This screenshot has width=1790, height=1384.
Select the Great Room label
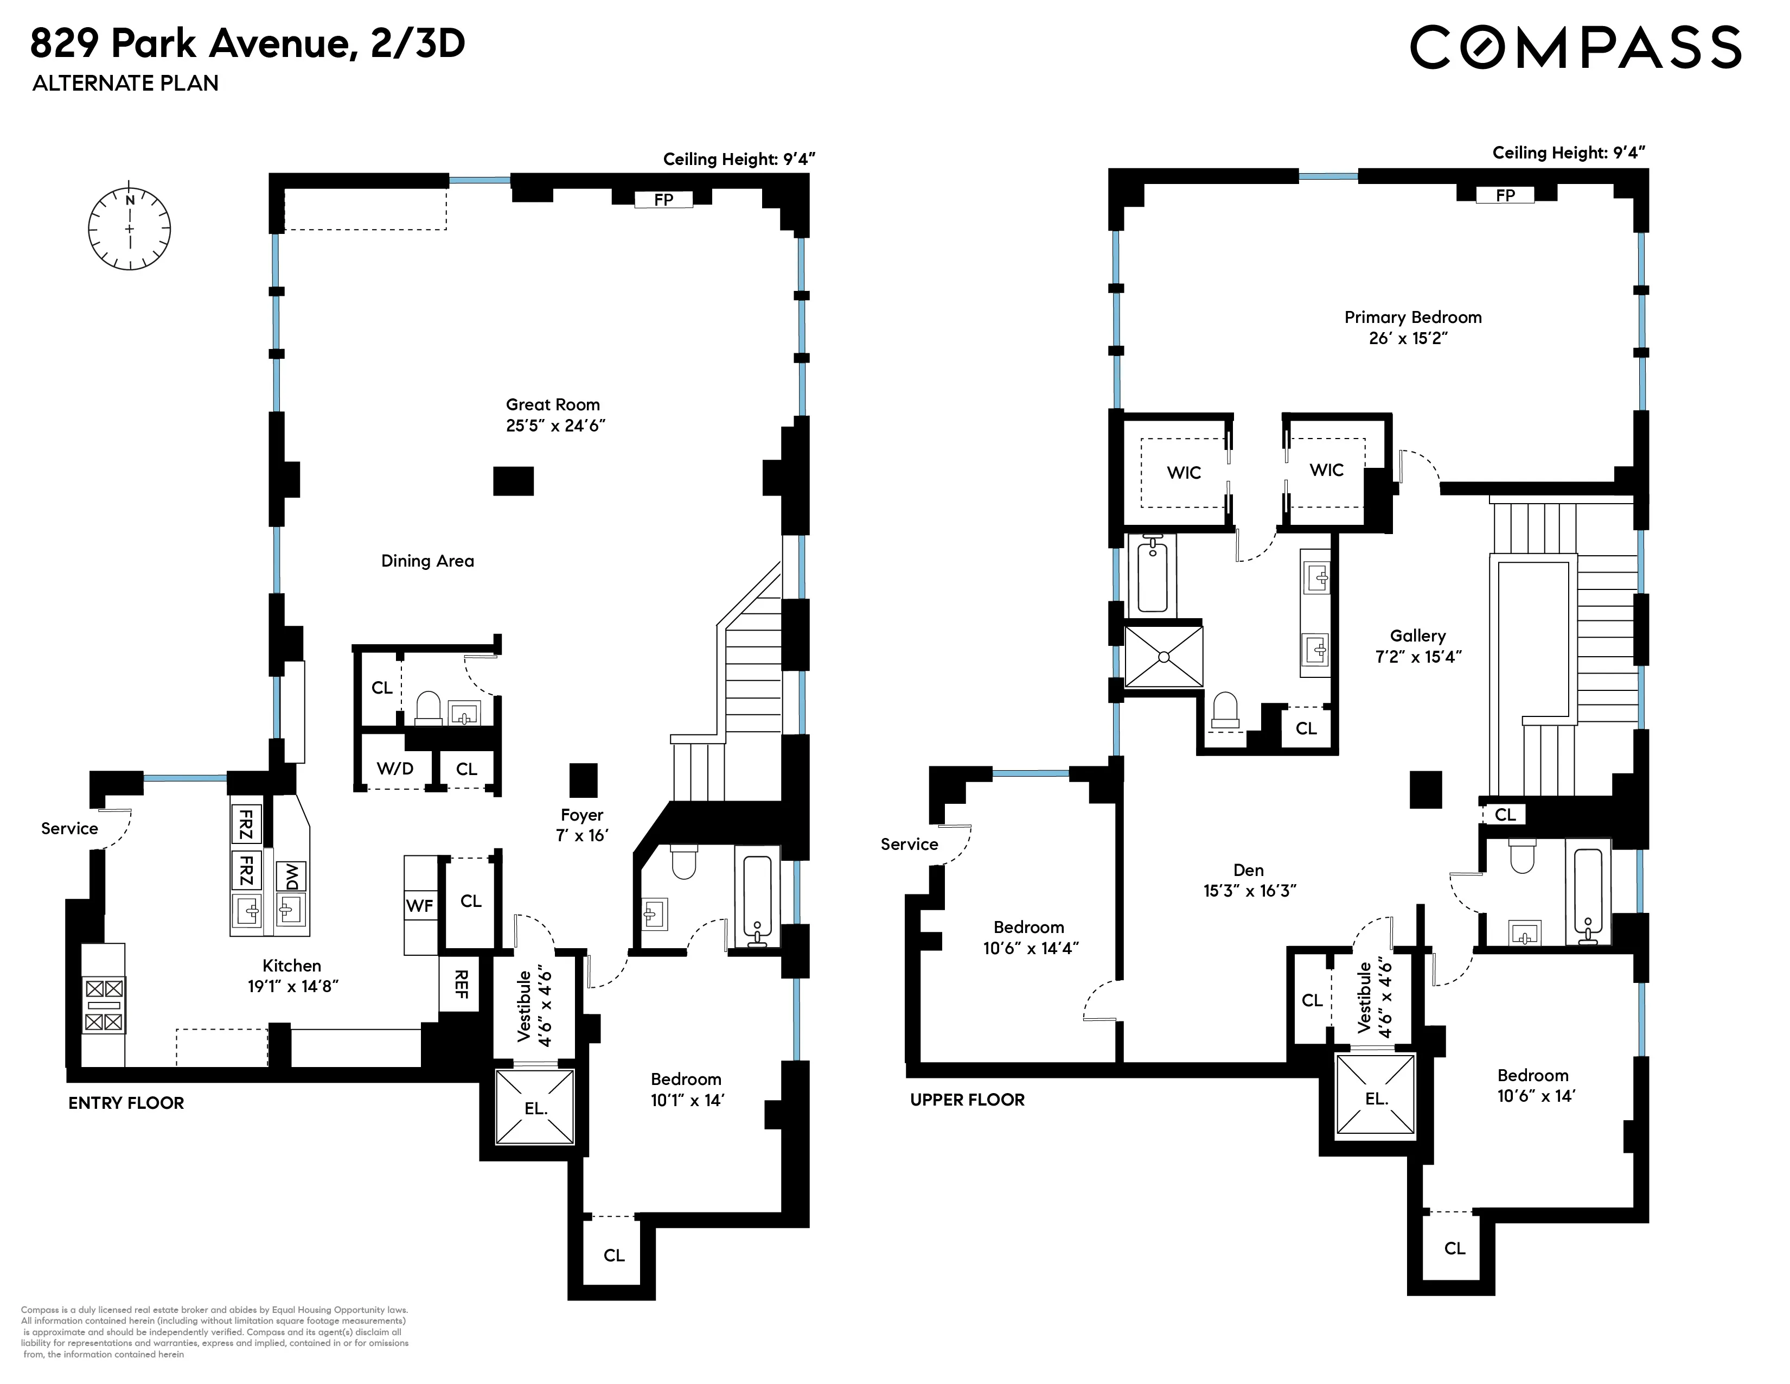coord(553,405)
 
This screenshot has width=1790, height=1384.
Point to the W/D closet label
coord(395,768)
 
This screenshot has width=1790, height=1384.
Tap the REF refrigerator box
coord(460,984)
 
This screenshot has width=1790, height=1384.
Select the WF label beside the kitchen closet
coord(420,905)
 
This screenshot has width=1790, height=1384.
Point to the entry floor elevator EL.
coord(535,1108)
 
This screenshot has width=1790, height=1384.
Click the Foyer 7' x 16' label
coord(582,825)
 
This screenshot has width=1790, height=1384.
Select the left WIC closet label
coord(1184,472)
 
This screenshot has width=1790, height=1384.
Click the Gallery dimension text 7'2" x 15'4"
coord(1418,657)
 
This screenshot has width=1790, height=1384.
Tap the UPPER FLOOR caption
coord(967,1100)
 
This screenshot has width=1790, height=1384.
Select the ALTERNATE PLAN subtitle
coord(125,84)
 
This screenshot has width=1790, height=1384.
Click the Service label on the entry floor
coord(69,828)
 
